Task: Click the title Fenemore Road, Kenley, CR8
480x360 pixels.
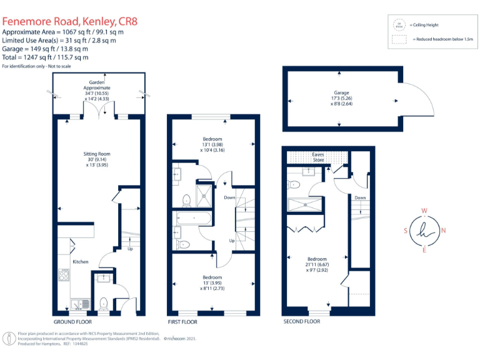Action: (69, 21)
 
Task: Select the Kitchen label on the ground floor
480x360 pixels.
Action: (80, 262)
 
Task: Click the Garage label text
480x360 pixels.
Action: (340, 91)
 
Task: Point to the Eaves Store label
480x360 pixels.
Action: (319, 157)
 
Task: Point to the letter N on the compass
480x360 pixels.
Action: (443, 231)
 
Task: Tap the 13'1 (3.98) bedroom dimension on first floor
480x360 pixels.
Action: (212, 144)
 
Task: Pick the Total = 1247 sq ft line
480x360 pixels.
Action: (46, 57)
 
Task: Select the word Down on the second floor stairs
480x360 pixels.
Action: (360, 197)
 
